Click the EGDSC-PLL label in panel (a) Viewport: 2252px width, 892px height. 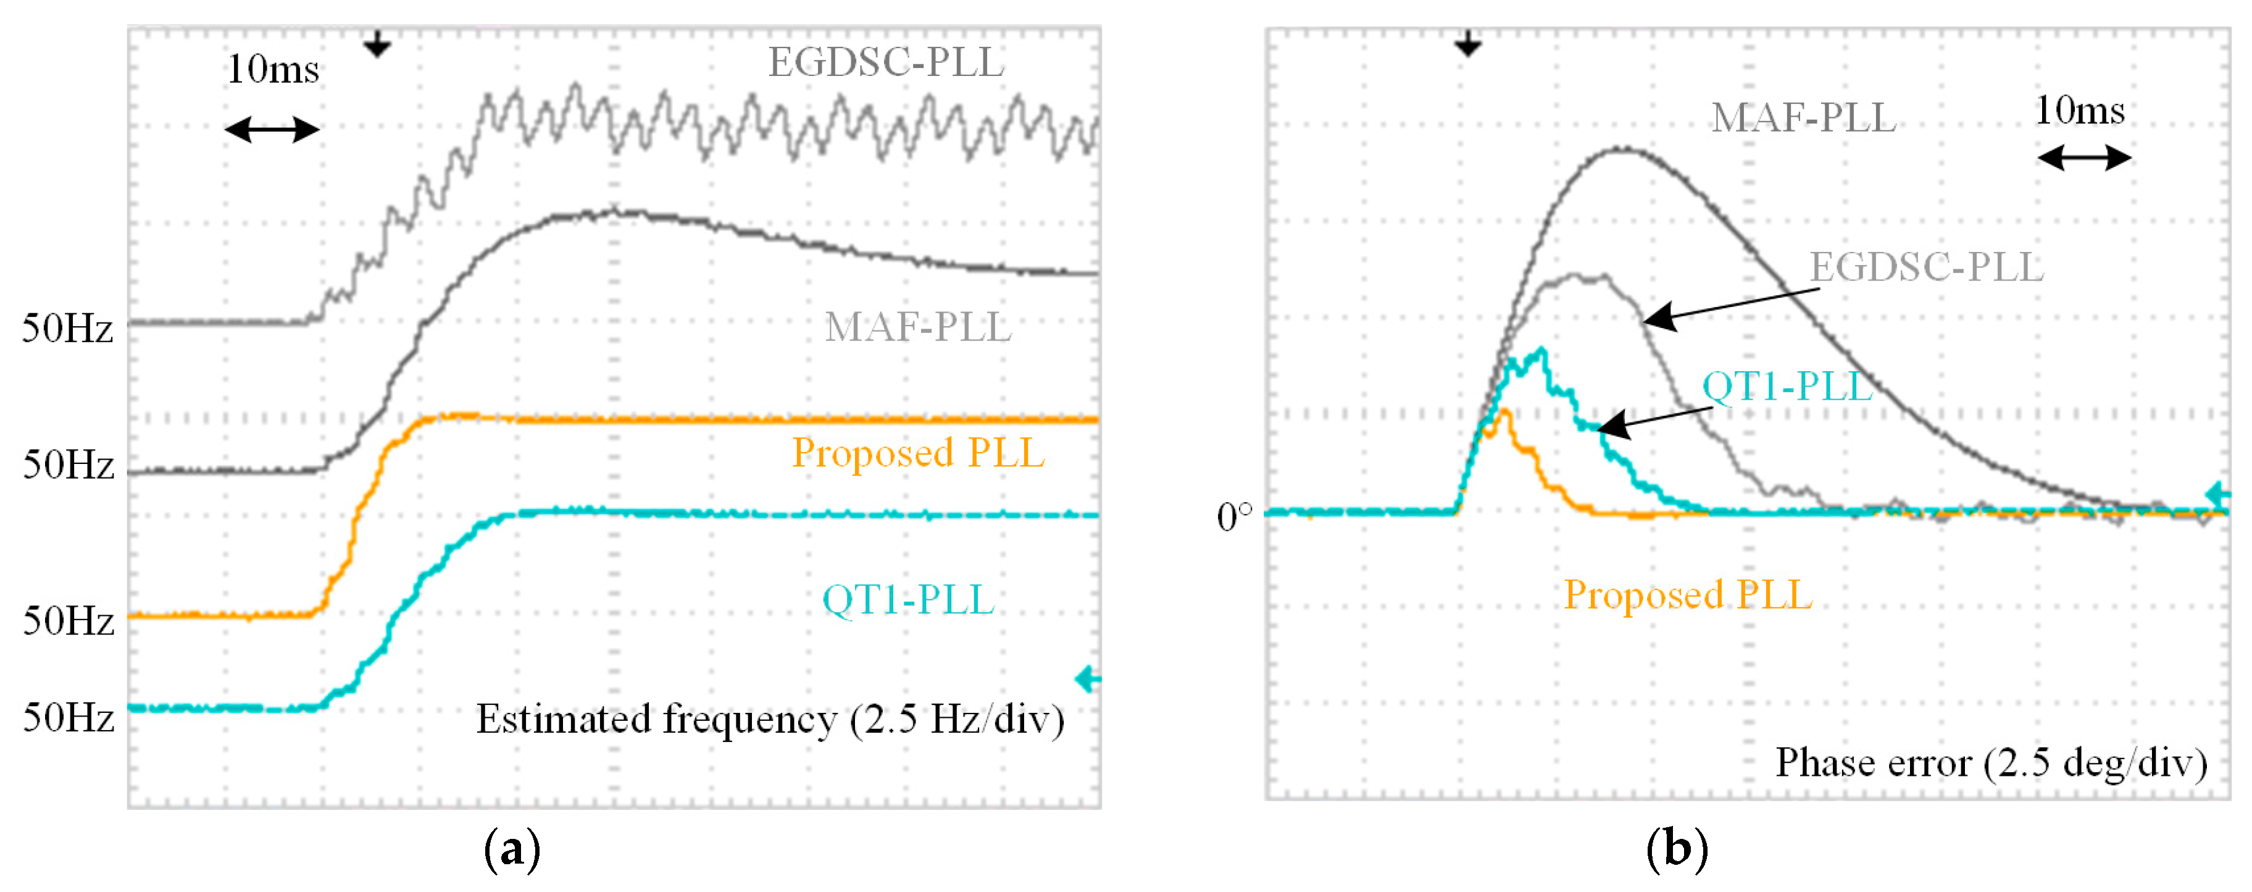coord(886,63)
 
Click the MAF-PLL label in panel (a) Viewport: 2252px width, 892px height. coord(917,328)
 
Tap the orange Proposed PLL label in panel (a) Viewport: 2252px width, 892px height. coord(917,453)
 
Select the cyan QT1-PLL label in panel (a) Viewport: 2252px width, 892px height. coord(907,600)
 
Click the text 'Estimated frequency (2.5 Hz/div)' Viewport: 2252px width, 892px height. coord(769,720)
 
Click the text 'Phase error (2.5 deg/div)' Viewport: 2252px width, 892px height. coord(1991,764)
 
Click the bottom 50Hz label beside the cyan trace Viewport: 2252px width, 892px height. coord(67,719)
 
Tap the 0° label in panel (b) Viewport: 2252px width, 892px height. coord(1233,518)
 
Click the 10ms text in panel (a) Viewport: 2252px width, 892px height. coord(273,70)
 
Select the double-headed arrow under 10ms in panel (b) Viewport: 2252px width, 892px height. coord(2084,158)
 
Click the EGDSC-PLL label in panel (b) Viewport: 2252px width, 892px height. coord(1926,267)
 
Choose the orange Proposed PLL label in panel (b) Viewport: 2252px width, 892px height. coord(1687,595)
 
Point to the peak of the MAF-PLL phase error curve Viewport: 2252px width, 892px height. coord(1622,149)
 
